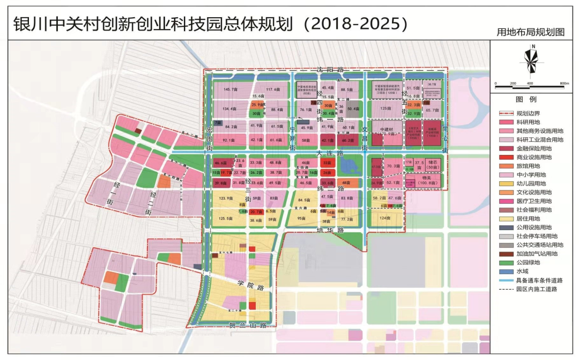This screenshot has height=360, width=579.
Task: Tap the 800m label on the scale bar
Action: (x=563, y=84)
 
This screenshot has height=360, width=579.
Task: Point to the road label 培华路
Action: (x=328, y=230)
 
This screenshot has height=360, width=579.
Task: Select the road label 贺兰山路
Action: (x=248, y=325)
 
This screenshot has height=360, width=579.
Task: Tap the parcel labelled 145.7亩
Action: (x=230, y=89)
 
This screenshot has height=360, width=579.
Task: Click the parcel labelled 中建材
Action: (x=386, y=130)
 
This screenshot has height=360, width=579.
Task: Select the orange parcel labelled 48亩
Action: (x=347, y=183)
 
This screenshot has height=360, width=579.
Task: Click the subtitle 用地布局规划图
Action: (x=531, y=32)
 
